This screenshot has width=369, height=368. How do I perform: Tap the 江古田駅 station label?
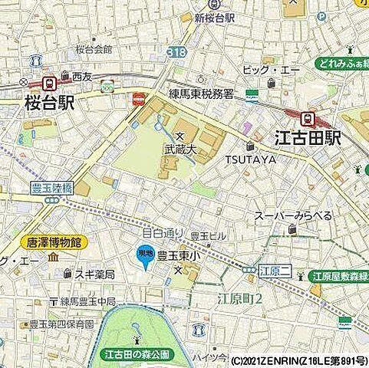click(x=307, y=139)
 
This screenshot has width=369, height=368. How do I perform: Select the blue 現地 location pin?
click(x=143, y=258)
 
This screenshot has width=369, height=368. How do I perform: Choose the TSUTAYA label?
click(x=250, y=159)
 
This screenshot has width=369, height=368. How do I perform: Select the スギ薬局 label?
click(x=94, y=274)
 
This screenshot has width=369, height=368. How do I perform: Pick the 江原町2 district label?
click(x=238, y=297)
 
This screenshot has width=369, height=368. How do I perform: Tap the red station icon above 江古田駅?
click(x=308, y=119)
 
